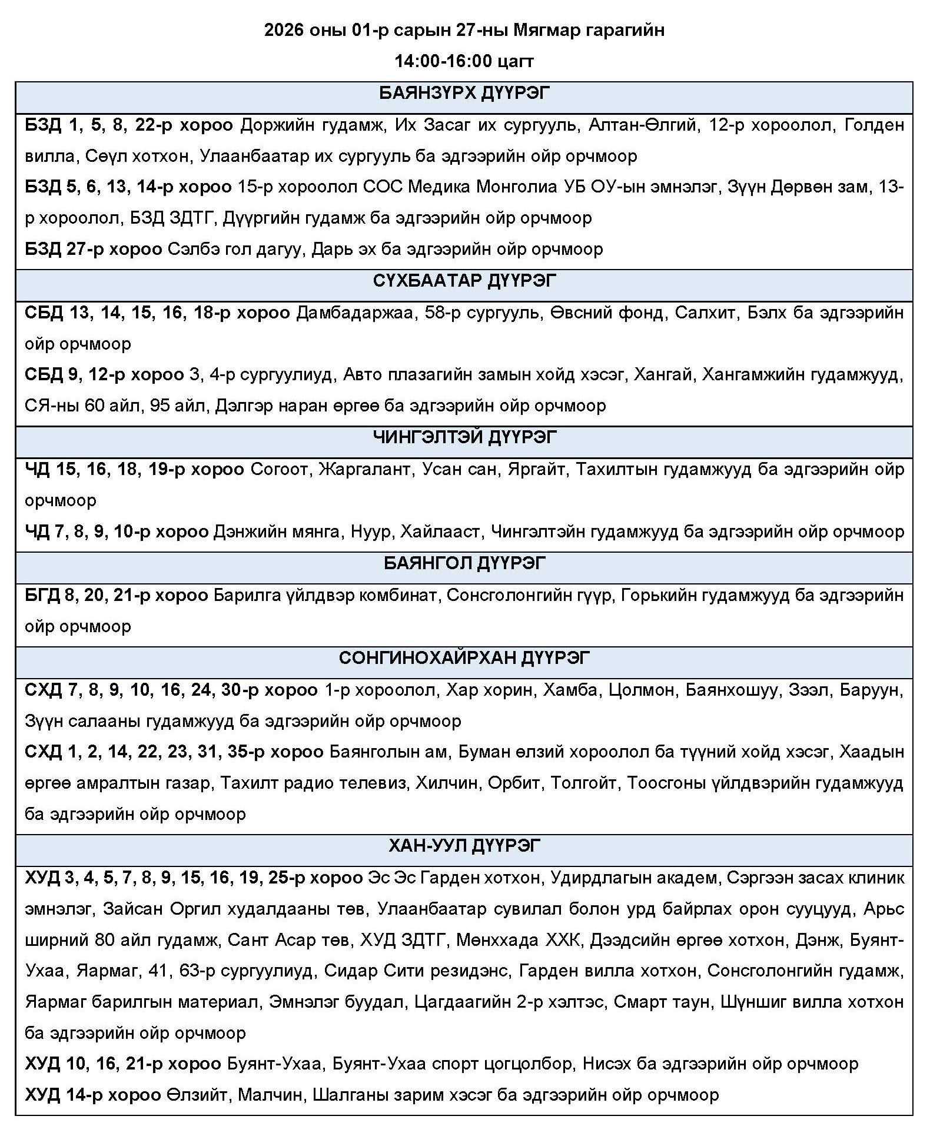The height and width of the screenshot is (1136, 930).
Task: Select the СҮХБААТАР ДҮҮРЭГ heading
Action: [x=464, y=281]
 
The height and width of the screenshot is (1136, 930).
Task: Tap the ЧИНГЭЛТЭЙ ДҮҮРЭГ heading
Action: [x=464, y=438]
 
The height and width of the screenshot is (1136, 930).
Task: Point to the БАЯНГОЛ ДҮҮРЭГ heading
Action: [x=464, y=564]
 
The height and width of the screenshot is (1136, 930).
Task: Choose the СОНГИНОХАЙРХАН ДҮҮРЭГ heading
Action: [x=464, y=658]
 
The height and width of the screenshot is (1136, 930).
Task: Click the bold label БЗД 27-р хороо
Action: [x=93, y=249]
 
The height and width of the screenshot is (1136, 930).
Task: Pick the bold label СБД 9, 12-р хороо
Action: [x=104, y=375]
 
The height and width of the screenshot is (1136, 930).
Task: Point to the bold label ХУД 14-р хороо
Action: [x=92, y=1095]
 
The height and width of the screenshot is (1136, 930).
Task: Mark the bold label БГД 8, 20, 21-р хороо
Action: [x=116, y=595]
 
